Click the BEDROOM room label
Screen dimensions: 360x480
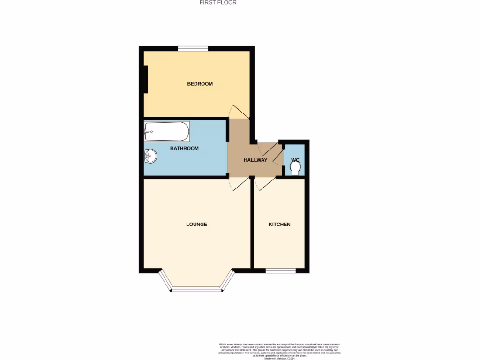pos(200,84)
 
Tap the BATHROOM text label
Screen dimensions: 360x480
pos(184,148)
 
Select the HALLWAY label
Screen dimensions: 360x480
pos(255,160)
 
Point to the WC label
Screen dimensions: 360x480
pos(295,160)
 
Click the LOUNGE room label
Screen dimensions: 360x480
pos(196,224)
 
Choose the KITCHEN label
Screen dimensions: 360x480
pos(279,224)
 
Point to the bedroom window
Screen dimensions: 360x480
pos(193,48)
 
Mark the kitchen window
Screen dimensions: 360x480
pos(280,270)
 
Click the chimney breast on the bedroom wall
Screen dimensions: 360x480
pos(146,79)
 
